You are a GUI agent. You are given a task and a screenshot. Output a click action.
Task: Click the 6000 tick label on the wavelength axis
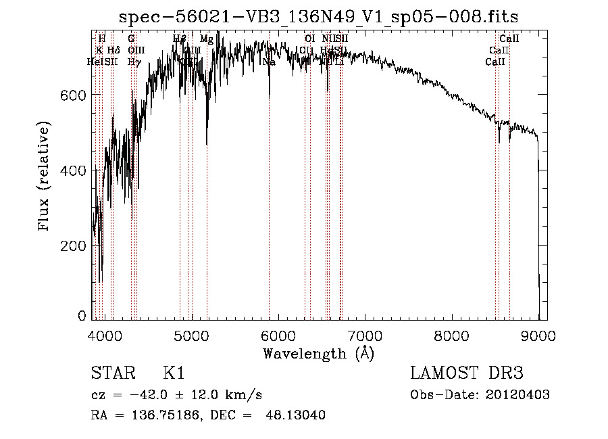(x=278, y=336)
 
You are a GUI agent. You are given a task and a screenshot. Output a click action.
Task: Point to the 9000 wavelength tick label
(x=538, y=336)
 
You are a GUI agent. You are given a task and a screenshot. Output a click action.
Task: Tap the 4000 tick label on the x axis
(x=105, y=336)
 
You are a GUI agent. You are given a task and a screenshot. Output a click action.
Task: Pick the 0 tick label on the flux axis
(x=82, y=316)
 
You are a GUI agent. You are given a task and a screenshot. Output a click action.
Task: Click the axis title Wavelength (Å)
(x=318, y=353)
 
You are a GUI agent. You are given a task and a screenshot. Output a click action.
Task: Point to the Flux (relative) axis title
(x=45, y=177)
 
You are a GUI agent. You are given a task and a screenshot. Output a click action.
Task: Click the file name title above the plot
(x=318, y=16)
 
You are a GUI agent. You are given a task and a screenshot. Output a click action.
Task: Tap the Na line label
(x=269, y=62)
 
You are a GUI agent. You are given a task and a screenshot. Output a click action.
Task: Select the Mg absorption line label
(x=207, y=39)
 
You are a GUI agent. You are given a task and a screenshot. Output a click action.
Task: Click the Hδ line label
(x=112, y=51)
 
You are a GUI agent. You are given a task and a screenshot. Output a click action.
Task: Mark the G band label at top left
(x=131, y=39)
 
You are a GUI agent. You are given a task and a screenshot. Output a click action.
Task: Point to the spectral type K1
(x=174, y=373)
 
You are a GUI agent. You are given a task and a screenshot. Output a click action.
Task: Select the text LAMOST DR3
(x=467, y=373)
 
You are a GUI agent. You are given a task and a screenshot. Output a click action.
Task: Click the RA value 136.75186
(x=161, y=415)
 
